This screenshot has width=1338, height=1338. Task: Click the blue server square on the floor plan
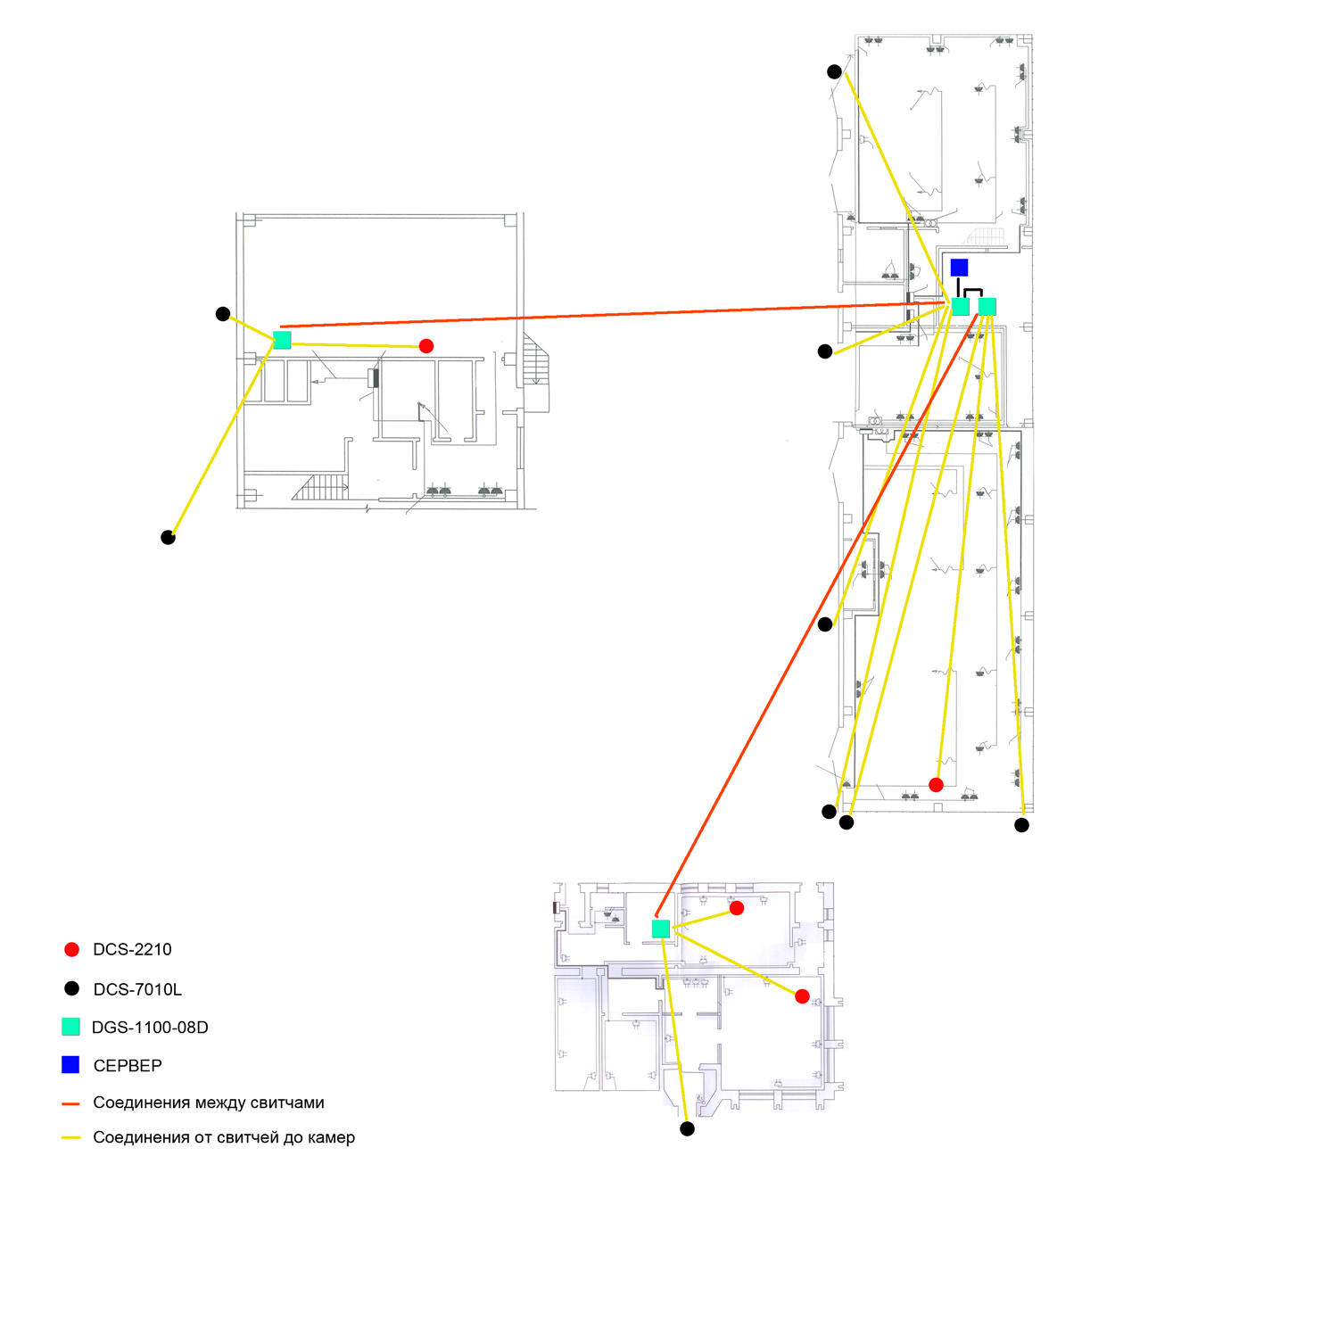[x=959, y=268]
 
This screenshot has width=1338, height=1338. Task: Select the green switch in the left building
[x=282, y=340]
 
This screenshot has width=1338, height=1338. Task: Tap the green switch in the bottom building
[x=661, y=929]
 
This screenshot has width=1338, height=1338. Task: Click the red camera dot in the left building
[x=426, y=346]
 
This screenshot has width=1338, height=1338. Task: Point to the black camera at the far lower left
[x=168, y=537]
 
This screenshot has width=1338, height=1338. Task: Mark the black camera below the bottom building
[x=687, y=1128]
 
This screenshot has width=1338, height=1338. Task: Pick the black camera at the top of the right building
[x=834, y=71]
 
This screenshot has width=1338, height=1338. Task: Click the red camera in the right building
[x=936, y=785]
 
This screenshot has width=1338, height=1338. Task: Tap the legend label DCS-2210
[x=132, y=950]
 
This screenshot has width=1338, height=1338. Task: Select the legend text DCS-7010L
[x=137, y=989]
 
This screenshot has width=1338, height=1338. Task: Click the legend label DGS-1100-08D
[x=150, y=1028]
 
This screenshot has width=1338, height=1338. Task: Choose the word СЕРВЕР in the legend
[x=128, y=1066]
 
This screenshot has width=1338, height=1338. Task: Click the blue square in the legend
[x=70, y=1064]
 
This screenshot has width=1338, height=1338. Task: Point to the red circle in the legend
[x=71, y=950]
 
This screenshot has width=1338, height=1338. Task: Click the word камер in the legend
[x=331, y=1138]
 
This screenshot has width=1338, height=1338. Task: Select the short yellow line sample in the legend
[x=70, y=1138]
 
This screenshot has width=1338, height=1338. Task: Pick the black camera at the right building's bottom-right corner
[x=1022, y=825]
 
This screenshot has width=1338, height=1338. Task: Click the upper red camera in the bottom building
[x=737, y=908]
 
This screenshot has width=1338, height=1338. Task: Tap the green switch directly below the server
[x=961, y=307]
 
